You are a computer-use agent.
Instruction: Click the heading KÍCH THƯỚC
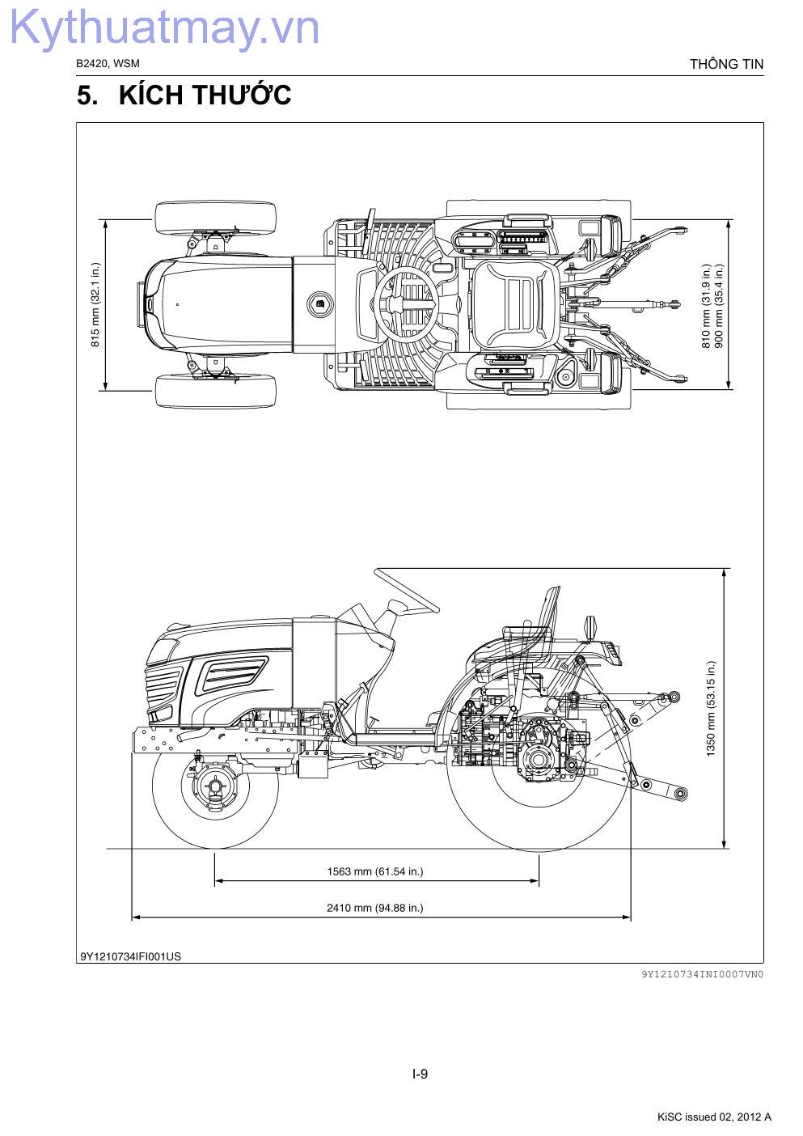205,95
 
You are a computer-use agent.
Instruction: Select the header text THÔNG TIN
726,64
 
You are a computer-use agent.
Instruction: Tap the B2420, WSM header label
108,63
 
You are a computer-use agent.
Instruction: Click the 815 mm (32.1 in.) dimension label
95,304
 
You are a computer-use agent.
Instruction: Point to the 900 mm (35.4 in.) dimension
718,306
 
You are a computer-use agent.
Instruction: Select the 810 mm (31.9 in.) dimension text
706,306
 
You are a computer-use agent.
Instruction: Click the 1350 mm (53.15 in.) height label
712,709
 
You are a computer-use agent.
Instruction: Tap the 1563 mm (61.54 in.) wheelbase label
375,871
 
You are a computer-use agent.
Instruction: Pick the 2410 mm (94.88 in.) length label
375,907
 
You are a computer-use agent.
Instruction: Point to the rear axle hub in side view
539,759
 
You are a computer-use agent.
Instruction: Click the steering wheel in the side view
407,591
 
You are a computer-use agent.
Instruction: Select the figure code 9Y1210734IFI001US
130,956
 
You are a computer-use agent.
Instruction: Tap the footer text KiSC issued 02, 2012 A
714,1117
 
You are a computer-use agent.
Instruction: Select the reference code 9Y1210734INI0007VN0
702,974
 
